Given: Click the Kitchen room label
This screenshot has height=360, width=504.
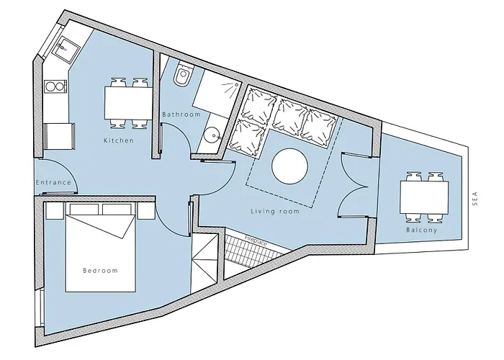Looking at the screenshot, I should pos(119,140).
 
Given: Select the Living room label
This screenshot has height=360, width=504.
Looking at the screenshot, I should pos(274,212).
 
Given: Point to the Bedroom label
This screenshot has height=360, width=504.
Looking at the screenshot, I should pos(100,271).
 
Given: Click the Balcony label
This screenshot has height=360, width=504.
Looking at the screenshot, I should pos(420,230).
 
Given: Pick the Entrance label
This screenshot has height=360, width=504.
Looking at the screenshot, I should pos(53,182).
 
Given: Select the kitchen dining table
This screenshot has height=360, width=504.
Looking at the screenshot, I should pos(127,102).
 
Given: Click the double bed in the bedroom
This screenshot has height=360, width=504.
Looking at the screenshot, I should pos(100,252).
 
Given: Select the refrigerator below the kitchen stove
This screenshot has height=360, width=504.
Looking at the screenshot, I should pos(59,135).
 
